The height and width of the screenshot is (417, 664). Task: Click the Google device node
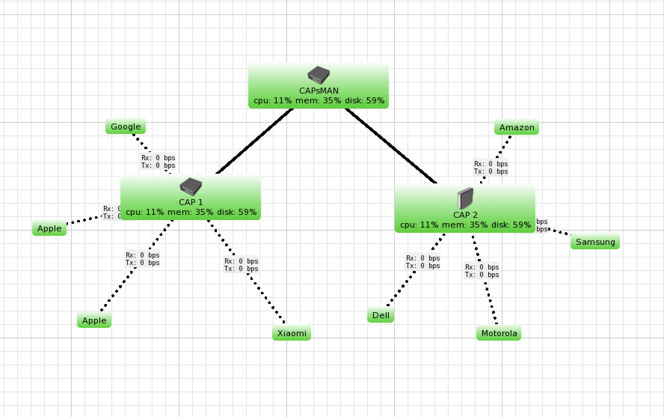tap(126, 127)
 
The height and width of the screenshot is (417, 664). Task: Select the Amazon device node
tap(517, 127)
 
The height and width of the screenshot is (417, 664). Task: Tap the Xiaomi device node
tap(292, 333)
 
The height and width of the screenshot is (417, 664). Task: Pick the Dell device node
tap(381, 315)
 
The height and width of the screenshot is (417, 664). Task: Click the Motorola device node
tap(499, 333)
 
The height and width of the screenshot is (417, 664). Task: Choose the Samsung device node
tap(595, 242)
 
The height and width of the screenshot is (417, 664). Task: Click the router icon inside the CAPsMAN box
tap(319, 75)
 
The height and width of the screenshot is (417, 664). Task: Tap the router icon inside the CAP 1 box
tap(191, 186)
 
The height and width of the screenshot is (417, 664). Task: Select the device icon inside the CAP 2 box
tap(465, 198)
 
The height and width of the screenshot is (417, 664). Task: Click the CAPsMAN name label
tap(319, 91)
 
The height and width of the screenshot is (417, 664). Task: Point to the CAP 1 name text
tap(191, 202)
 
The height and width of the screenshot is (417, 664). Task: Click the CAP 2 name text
tap(465, 215)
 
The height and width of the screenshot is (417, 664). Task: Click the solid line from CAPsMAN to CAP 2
tap(391, 146)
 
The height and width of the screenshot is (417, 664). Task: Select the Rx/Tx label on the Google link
tap(158, 162)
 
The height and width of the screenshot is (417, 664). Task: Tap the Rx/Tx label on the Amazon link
tap(491, 168)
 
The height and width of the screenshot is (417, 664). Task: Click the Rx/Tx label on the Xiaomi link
tap(241, 265)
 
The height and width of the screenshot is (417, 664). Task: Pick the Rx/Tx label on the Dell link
tap(423, 262)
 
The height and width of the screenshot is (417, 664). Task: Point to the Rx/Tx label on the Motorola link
tap(482, 271)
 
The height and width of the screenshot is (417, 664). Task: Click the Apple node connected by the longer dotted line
tap(94, 320)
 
